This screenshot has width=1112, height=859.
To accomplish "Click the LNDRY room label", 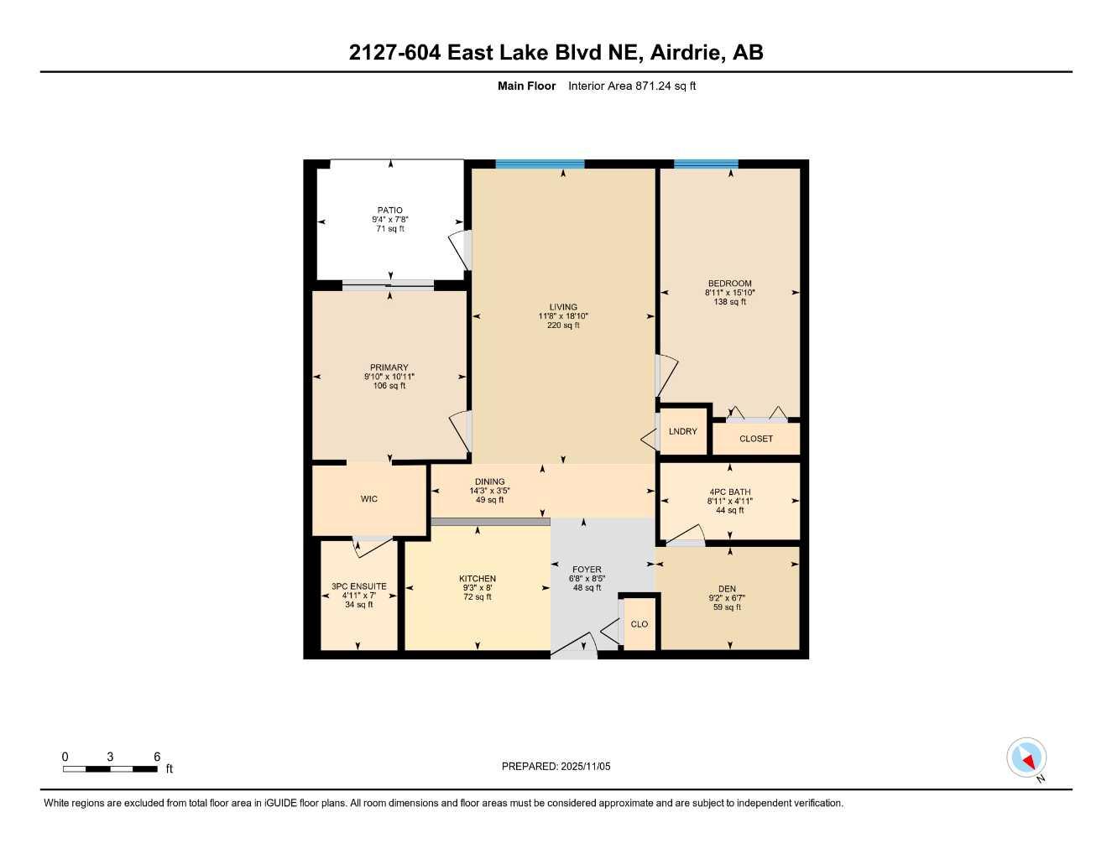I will coord(683,431).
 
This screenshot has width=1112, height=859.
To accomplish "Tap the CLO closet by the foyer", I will coord(640,624).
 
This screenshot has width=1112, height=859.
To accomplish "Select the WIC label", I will coord(369,499).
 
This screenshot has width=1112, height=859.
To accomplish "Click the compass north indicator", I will coord(1026,758).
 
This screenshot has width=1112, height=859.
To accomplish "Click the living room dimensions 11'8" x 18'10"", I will coord(563,316).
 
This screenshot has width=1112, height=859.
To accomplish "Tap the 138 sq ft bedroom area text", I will coord(729,302).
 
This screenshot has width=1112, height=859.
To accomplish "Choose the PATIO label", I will coord(389,211).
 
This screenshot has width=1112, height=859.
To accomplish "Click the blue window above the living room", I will coord(540,164).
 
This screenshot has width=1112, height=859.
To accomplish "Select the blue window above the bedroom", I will coord(706,164).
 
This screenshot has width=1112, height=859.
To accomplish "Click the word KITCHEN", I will coord(478,579).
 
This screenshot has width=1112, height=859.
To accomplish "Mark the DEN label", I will coord(727,589).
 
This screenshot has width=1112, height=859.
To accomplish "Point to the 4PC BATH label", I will coord(729,492).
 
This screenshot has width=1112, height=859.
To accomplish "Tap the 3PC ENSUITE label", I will coord(358,586).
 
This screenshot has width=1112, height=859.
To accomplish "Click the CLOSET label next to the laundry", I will coord(756,439).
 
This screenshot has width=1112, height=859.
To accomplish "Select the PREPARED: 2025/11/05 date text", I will coord(556,766).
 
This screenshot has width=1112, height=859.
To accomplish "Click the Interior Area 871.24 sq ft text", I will coord(632,86).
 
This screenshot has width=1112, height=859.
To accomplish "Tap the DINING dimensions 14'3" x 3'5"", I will coord(489,491).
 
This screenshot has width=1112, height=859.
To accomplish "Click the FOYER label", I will coord(587,570).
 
